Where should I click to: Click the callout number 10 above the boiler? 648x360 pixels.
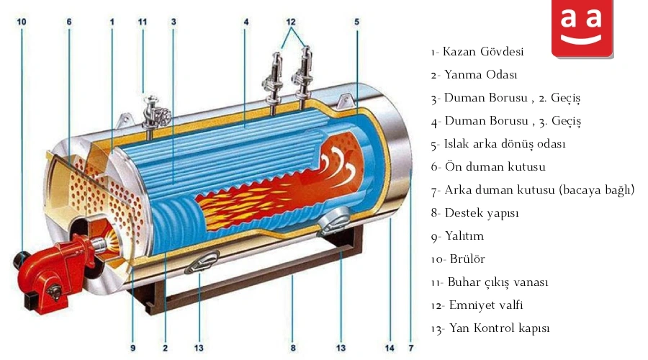(x=22, y=22)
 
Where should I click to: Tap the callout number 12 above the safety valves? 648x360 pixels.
(x=291, y=22)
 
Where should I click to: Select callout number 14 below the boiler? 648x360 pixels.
(x=390, y=348)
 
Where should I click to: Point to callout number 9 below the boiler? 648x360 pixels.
(x=132, y=348)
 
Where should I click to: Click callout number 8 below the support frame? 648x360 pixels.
(x=293, y=348)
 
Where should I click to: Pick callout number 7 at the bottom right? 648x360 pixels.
(x=411, y=348)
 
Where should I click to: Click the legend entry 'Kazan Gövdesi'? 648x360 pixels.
(x=483, y=52)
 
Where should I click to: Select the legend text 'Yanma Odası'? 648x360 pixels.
(x=481, y=75)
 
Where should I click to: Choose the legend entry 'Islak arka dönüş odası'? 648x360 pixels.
(x=505, y=144)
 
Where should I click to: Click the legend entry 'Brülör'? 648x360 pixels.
(x=467, y=259)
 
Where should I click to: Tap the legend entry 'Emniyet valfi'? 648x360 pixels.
(x=486, y=305)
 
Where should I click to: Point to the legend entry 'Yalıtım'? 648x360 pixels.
(x=464, y=236)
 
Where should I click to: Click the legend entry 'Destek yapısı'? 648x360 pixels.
(x=482, y=213)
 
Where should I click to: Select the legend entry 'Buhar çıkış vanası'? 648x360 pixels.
(x=498, y=282)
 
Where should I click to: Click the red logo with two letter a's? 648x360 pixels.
(x=582, y=28)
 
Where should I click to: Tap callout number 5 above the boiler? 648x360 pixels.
(x=356, y=22)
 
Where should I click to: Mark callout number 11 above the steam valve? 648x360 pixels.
(x=143, y=22)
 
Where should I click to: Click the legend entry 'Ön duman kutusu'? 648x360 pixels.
(x=495, y=166)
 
